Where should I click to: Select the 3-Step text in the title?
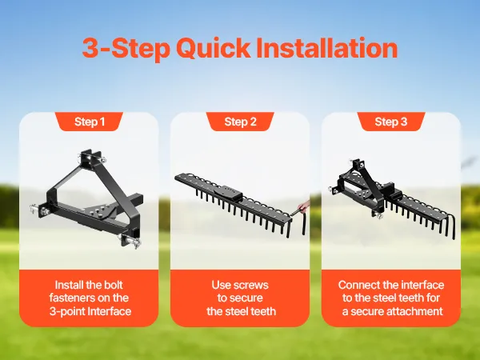tap(126, 49)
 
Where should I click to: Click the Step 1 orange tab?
tap(89, 122)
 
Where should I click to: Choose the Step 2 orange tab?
tap(240, 122)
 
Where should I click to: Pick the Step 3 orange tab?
tap(391, 122)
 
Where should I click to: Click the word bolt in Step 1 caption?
tap(114, 285)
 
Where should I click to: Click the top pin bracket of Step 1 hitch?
tap(91, 160)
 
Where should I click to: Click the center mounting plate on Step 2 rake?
tap(228, 193)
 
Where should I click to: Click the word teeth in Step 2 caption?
tap(263, 311)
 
